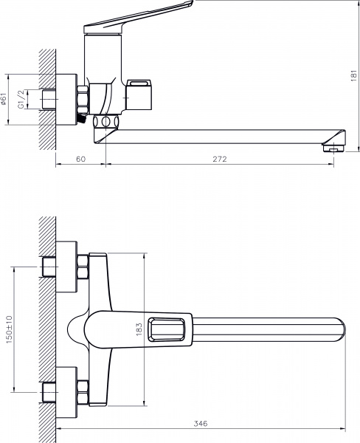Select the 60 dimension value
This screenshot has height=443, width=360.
tap(80, 159)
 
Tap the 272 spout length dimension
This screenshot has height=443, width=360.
tap(219, 159)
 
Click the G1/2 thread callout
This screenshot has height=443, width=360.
tap(21, 97)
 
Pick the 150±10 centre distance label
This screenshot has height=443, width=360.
tap(8, 329)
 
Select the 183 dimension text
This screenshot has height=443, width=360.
tap(139, 329)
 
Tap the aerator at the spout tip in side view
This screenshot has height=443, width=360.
tap(334, 148)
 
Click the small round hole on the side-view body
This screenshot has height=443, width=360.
tap(105, 121)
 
